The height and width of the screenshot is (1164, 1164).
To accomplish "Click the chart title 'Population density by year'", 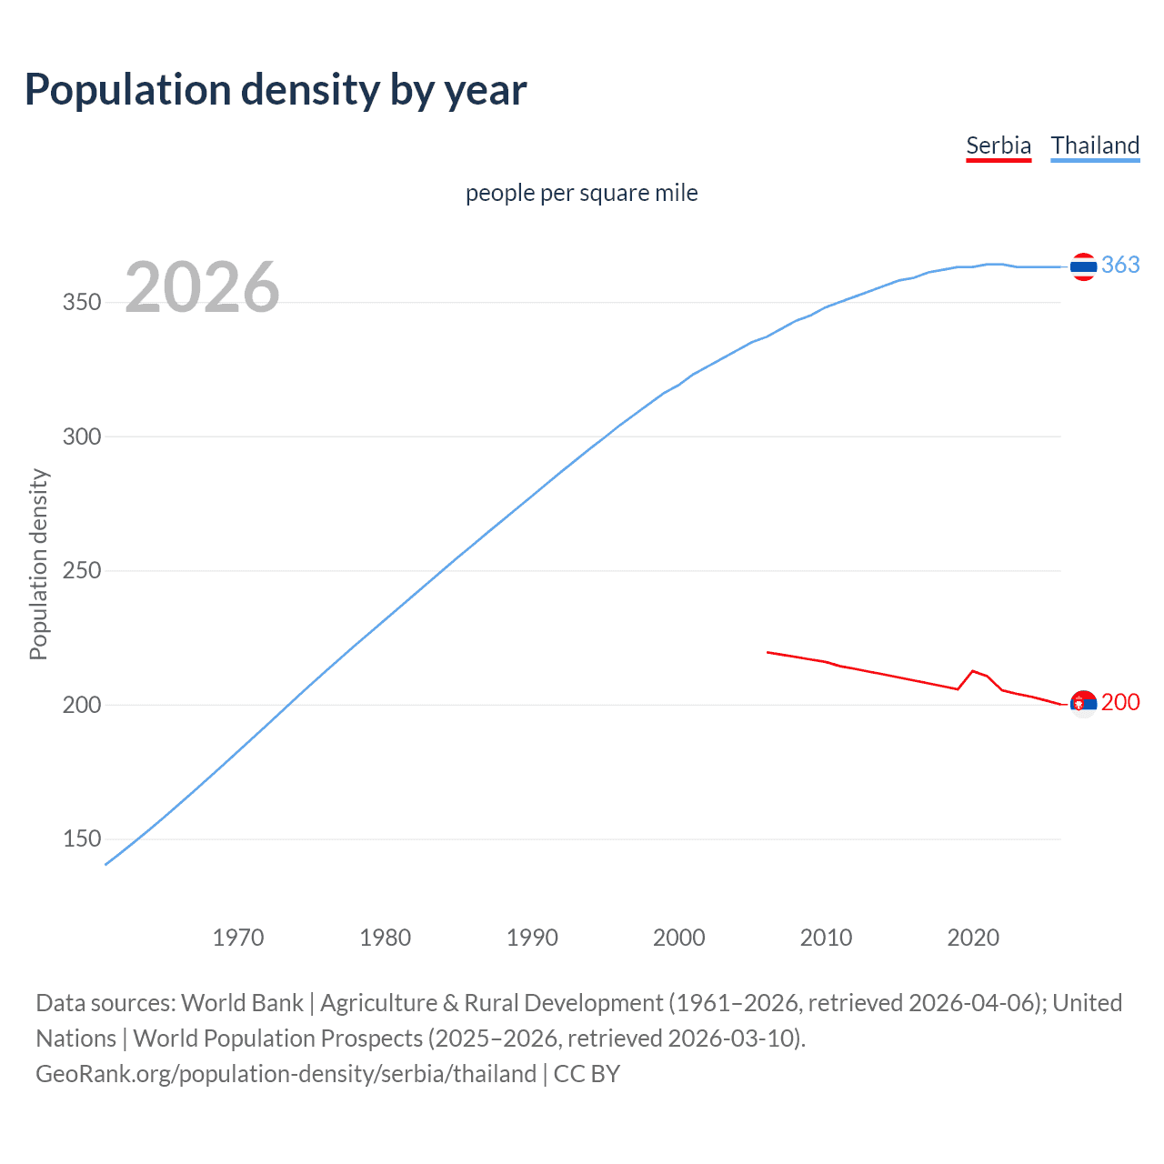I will click(276, 90).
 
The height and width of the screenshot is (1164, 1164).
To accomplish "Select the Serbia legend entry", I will click(998, 145).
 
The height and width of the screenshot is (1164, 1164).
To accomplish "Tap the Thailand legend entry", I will click(1095, 145).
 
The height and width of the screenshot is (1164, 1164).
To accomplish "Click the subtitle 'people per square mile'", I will click(581, 193).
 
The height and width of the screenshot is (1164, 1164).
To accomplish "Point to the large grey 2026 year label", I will click(202, 287).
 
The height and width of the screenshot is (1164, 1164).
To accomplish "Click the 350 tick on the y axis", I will click(82, 303).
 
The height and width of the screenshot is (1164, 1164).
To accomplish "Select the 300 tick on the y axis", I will click(82, 436).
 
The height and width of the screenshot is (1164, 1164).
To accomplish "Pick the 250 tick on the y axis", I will click(82, 571).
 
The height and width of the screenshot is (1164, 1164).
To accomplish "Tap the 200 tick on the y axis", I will click(82, 705).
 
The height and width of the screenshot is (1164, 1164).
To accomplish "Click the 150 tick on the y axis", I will click(82, 839).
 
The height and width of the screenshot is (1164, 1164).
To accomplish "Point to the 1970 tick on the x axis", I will click(238, 938).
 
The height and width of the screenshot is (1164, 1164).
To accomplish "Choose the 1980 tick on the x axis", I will click(386, 938).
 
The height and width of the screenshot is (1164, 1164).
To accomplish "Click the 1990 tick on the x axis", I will click(532, 938).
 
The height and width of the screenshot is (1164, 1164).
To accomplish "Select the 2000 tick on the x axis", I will click(679, 938).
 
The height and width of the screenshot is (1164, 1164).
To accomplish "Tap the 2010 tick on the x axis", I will click(826, 938).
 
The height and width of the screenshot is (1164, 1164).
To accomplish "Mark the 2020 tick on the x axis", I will click(973, 938).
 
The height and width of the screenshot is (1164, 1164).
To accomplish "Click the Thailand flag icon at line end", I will click(1083, 266).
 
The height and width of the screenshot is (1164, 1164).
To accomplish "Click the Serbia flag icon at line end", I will click(1083, 704).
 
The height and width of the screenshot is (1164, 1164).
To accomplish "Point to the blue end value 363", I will click(1120, 265).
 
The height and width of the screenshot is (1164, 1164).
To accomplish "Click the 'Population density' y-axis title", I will click(38, 564).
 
